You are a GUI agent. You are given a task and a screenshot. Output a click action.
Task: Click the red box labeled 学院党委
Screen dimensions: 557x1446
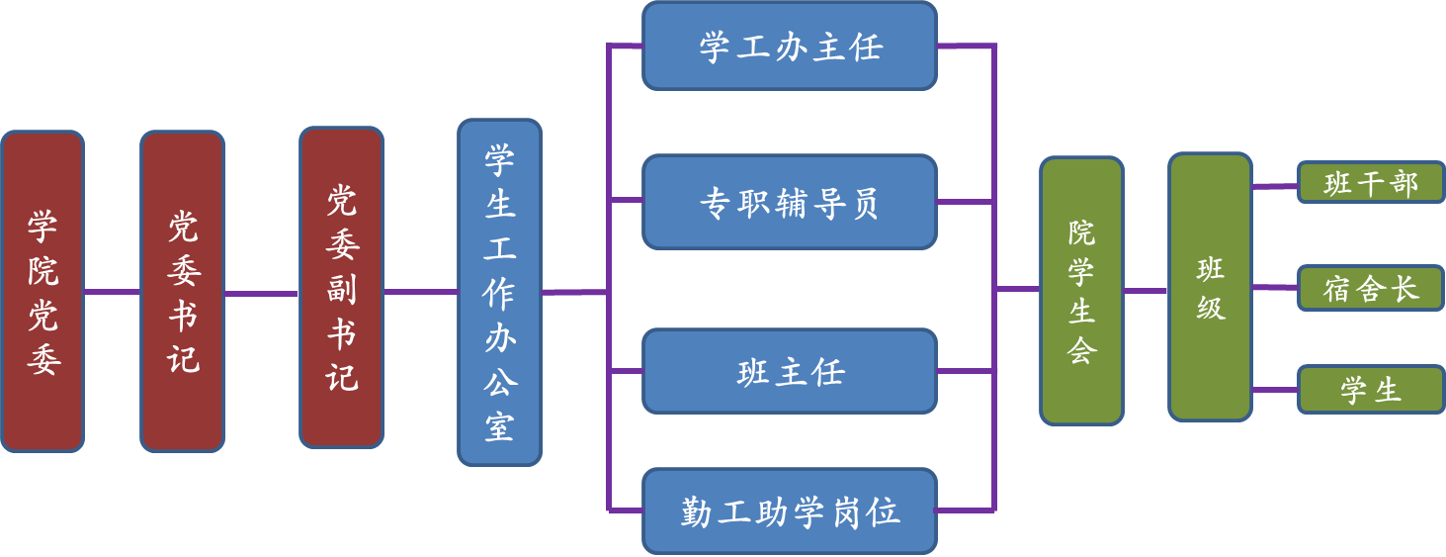point(43,292)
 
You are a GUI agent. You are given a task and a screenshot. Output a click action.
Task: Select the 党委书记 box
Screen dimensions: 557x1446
point(182,292)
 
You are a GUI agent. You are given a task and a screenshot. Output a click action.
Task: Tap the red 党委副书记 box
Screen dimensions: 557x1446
point(341,287)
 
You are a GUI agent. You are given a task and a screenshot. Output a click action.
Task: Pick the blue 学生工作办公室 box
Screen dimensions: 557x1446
point(499,292)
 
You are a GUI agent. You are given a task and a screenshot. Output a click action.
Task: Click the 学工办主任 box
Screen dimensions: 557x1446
point(789,46)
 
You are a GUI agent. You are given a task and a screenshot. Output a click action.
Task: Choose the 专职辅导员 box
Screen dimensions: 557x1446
point(789,202)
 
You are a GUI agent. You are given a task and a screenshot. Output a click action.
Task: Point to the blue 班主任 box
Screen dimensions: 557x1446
point(789,371)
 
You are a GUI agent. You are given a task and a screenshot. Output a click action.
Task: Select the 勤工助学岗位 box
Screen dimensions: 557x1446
point(789,511)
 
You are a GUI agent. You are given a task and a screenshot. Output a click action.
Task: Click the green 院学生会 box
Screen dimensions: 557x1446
point(1081,291)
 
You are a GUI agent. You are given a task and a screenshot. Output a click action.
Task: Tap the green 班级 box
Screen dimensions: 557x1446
point(1210,287)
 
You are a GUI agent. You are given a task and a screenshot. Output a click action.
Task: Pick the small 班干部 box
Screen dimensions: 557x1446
point(1371,183)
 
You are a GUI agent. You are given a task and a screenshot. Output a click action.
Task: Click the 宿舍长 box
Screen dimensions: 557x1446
point(1371,288)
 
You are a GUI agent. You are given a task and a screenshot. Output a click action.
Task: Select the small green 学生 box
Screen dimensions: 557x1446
point(1371,390)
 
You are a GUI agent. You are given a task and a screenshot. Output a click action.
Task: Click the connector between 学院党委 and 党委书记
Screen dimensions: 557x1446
point(112,292)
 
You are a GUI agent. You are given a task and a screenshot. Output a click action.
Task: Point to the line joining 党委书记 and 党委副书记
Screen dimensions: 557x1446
point(262,293)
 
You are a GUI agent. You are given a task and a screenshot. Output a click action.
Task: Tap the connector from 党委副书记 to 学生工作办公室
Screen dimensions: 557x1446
point(420,292)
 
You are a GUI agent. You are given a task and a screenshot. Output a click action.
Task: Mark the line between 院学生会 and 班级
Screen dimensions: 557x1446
point(1146,291)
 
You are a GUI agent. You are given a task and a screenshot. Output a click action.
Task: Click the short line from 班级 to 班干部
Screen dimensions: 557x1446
point(1275,185)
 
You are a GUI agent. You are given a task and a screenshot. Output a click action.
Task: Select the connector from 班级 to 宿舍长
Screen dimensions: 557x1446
point(1275,288)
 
